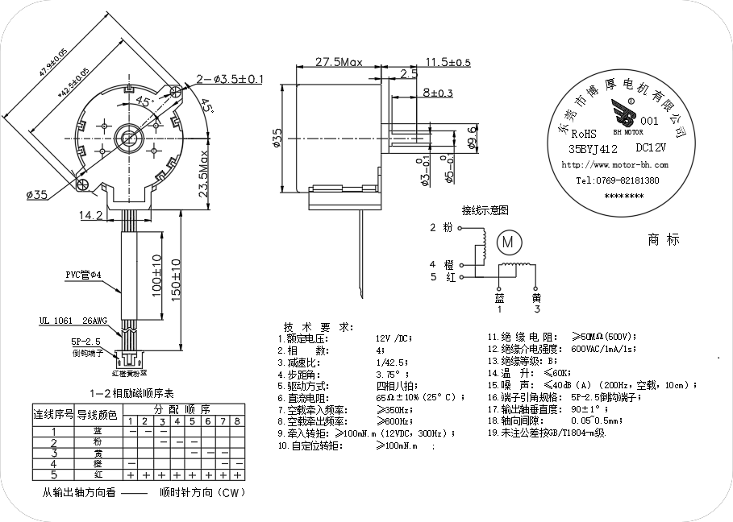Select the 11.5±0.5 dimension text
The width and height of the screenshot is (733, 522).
pos(448,62)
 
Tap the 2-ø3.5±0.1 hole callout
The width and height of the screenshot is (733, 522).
pos(230,79)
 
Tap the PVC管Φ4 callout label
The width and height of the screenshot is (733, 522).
pos(83,275)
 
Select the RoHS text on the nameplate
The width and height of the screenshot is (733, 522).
pos(584,134)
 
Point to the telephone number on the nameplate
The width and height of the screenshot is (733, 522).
pos(617,181)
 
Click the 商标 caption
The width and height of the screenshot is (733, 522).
pos(664,239)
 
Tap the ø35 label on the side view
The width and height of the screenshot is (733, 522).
pos(277,139)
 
